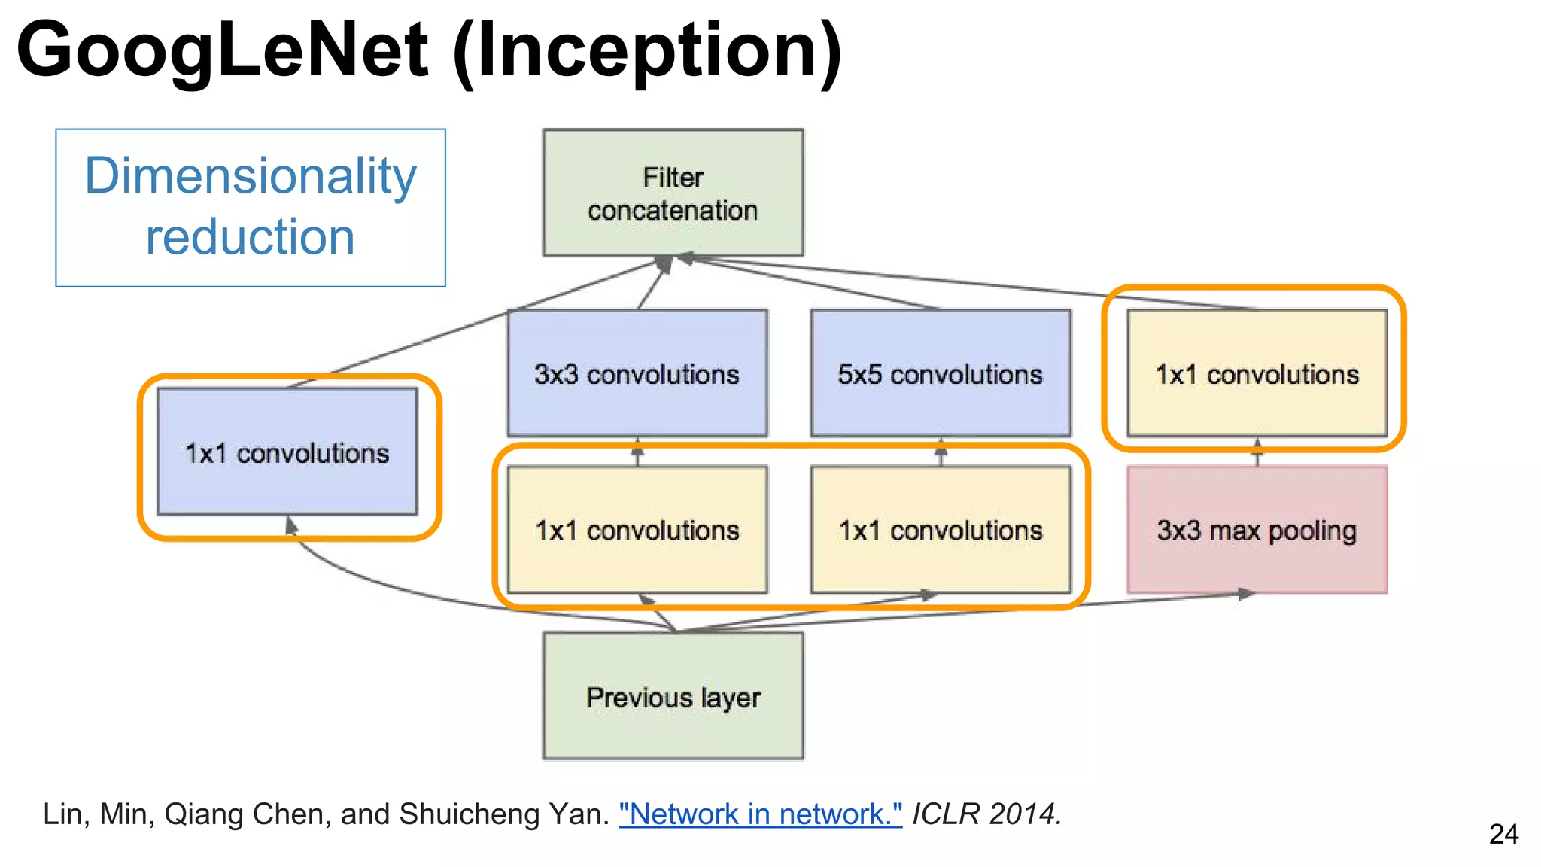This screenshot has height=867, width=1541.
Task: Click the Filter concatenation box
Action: pos(673,193)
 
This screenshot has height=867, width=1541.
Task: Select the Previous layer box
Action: pos(673,696)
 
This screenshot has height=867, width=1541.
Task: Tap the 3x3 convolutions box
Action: pos(637,373)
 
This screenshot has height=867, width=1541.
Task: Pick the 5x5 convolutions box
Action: pos(941,373)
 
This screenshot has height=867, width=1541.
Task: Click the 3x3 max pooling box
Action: pos(1257,530)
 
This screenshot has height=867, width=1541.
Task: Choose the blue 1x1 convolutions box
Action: pos(287,452)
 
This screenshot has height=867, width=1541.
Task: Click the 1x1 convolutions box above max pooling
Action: pos(1257,373)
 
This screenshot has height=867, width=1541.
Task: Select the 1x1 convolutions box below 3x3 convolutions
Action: pos(637,530)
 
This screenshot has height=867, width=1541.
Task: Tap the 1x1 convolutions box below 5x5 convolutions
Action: pos(941,530)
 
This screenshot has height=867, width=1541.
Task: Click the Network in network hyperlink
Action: pos(760,814)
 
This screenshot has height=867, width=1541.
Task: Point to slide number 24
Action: pos(1503,834)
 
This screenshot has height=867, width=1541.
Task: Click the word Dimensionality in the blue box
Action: pos(251,176)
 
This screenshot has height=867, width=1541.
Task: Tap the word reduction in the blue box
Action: pos(251,237)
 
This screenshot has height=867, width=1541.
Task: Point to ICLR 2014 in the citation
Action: pos(986,814)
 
